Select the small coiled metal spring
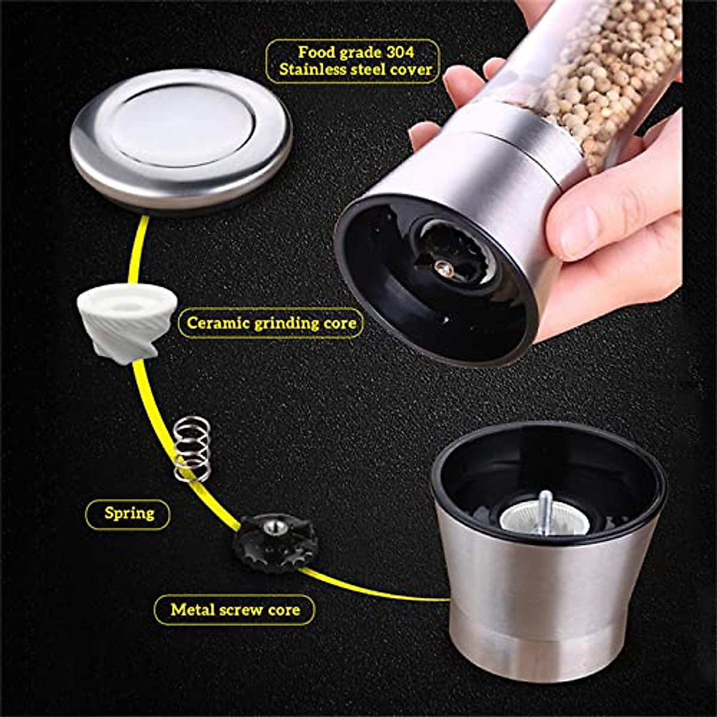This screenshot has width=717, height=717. pos(192,449)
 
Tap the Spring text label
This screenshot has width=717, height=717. pos(129,513)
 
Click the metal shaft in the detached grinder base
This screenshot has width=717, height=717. pos(545,511)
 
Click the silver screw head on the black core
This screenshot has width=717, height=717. pos(274,526)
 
